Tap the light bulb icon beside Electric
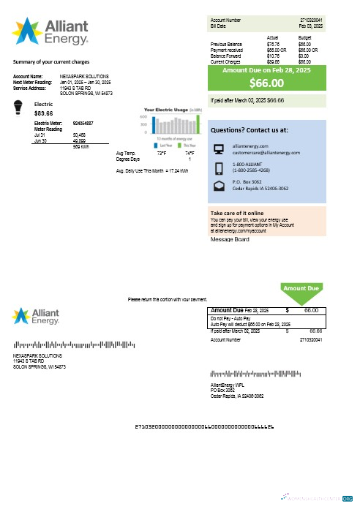20,109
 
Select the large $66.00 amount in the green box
266,83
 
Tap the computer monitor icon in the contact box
219,149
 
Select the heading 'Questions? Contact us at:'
249,129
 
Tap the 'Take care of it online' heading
236,213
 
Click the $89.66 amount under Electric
43,113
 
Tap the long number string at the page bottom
205,426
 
